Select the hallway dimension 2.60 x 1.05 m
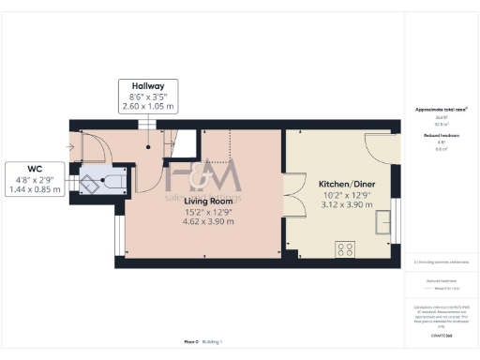click(148, 106)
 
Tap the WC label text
click(34, 168)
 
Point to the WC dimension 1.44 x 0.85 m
click(34, 189)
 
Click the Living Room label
click(208, 201)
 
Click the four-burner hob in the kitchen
click(345, 249)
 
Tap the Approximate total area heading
click(442, 110)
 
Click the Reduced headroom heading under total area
click(442, 136)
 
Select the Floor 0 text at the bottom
click(191, 342)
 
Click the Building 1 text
click(214, 342)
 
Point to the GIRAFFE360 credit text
click(442, 335)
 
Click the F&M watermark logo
click(202, 174)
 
